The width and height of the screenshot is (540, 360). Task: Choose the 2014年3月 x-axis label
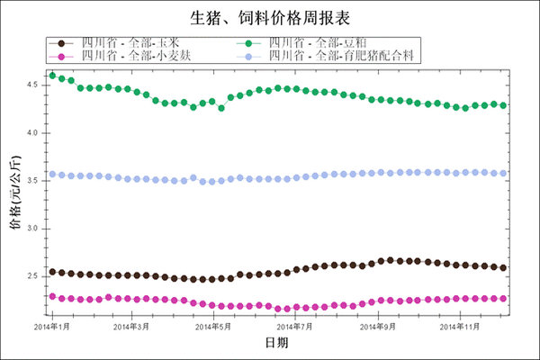pos(131,326)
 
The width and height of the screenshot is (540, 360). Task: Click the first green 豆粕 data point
pos(52,76)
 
